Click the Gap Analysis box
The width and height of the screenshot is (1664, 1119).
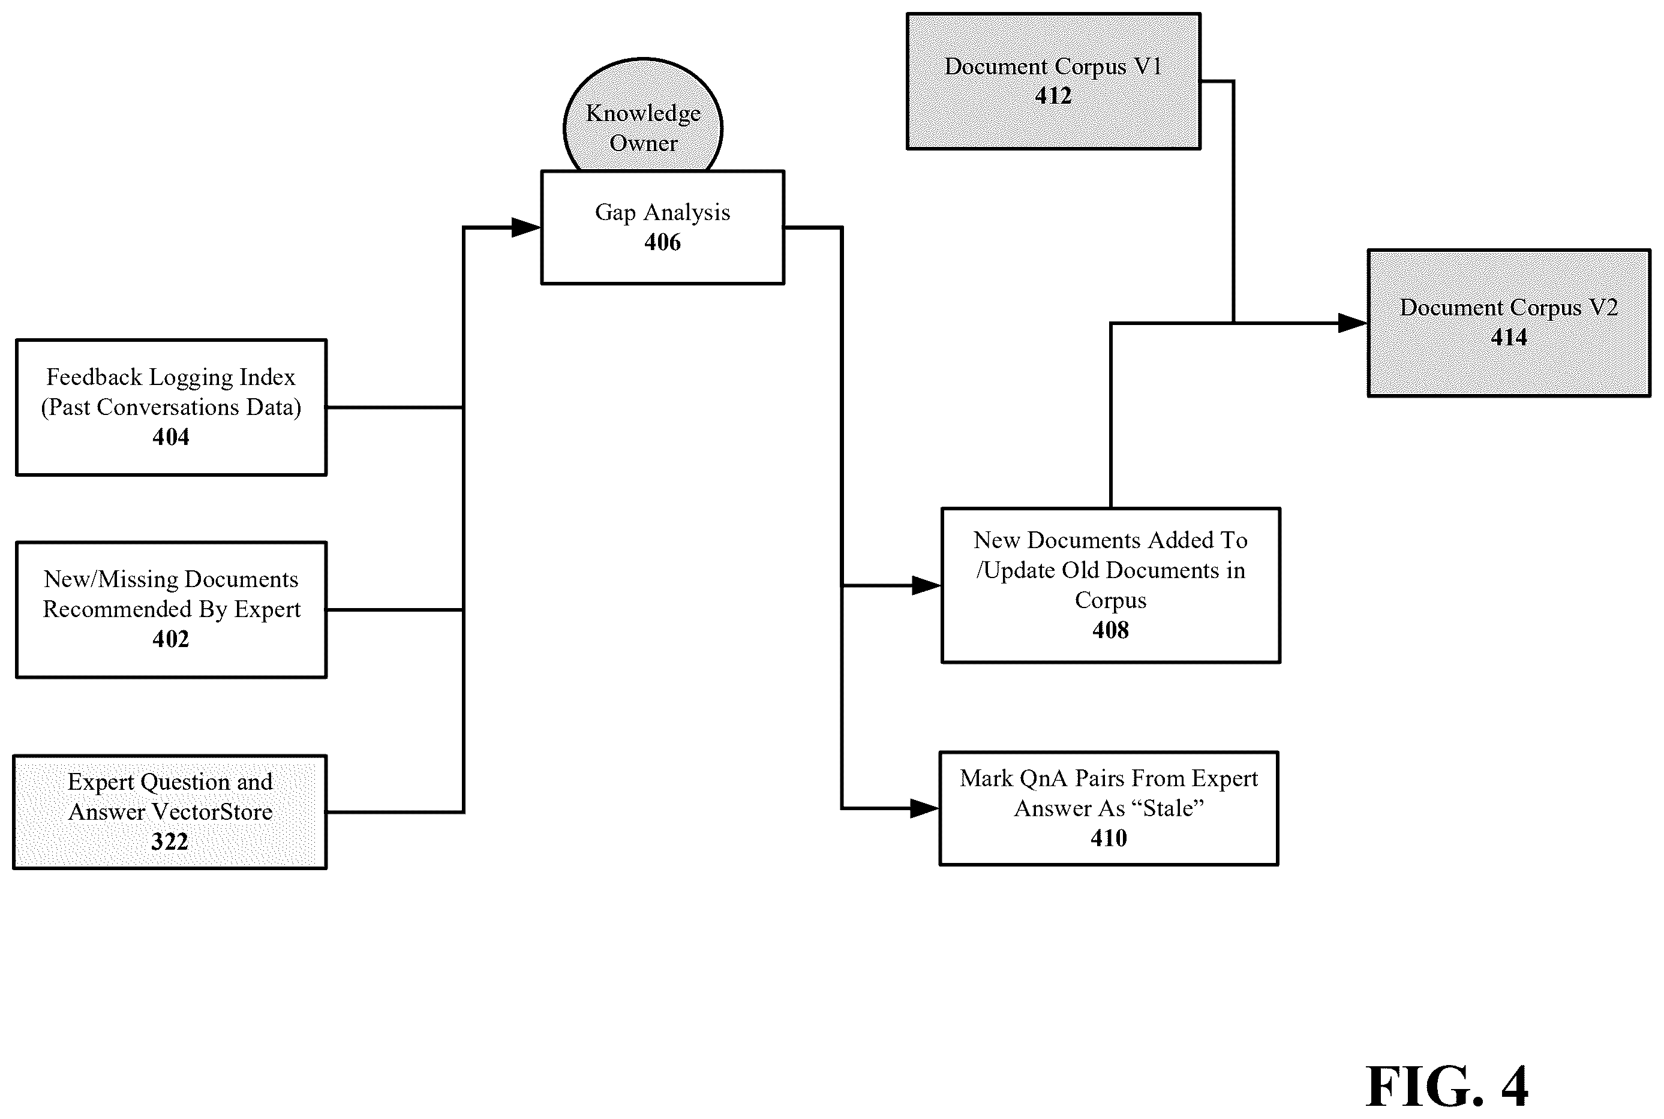point(662,227)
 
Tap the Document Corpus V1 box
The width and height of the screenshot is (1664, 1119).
point(1053,80)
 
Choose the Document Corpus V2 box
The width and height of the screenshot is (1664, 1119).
point(1509,323)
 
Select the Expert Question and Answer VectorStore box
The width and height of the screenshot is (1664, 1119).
point(170,811)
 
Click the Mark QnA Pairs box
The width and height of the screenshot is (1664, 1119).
point(1109,808)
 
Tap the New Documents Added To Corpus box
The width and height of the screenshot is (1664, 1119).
point(1111,585)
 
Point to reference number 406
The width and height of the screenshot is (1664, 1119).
point(662,242)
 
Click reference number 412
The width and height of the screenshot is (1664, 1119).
point(1053,95)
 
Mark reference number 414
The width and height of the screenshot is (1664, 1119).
point(1509,337)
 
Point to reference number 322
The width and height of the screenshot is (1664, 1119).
point(170,841)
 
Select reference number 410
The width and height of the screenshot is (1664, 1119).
point(1109,838)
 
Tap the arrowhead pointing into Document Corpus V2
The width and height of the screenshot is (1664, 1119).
point(1353,323)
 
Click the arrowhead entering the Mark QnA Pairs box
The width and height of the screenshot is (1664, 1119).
point(924,808)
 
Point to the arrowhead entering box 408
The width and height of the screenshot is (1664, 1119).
point(927,585)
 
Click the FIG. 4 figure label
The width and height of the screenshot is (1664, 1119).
point(1447,1086)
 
